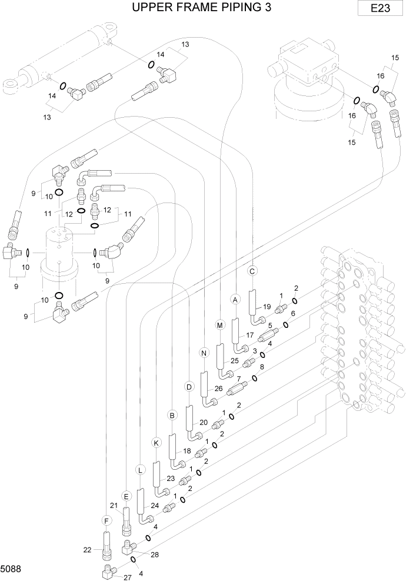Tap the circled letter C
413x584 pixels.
252,271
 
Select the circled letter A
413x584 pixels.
235,300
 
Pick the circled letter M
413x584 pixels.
220,325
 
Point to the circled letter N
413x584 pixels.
204,353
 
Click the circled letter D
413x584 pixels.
189,387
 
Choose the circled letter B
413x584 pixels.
172,415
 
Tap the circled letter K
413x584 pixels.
156,442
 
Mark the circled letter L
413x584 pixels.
140,470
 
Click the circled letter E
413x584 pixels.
125,496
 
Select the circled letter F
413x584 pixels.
106,521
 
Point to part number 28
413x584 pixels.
155,555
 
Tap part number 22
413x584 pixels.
88,550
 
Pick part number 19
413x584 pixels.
266,307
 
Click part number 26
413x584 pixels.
218,389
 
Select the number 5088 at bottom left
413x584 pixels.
11,570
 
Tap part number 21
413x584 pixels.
114,506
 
